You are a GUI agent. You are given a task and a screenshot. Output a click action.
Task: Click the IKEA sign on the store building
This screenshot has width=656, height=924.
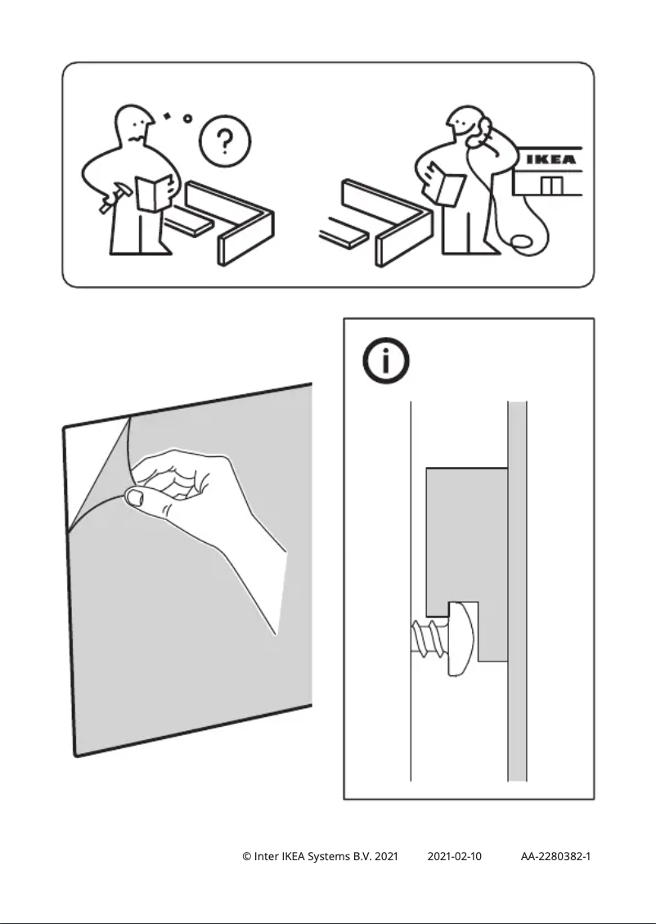[x=549, y=160]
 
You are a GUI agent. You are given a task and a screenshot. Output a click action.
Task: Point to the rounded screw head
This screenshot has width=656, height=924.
[x=461, y=637]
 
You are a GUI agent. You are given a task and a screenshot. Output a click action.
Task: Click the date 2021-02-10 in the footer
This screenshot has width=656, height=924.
[x=455, y=856]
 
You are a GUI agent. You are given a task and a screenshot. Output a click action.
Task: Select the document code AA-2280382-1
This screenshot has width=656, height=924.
[x=555, y=856]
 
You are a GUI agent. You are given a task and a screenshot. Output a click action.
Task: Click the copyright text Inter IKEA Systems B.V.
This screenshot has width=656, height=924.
[x=320, y=856]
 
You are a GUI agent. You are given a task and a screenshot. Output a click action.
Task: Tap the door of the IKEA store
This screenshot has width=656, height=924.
[x=552, y=186]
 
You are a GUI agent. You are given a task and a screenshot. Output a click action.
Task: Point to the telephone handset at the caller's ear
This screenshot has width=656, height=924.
[x=486, y=128]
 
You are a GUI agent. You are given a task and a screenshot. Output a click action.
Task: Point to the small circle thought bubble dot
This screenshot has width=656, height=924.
[x=187, y=119]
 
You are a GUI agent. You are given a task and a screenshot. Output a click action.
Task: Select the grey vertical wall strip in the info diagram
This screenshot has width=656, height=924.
[x=517, y=589]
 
